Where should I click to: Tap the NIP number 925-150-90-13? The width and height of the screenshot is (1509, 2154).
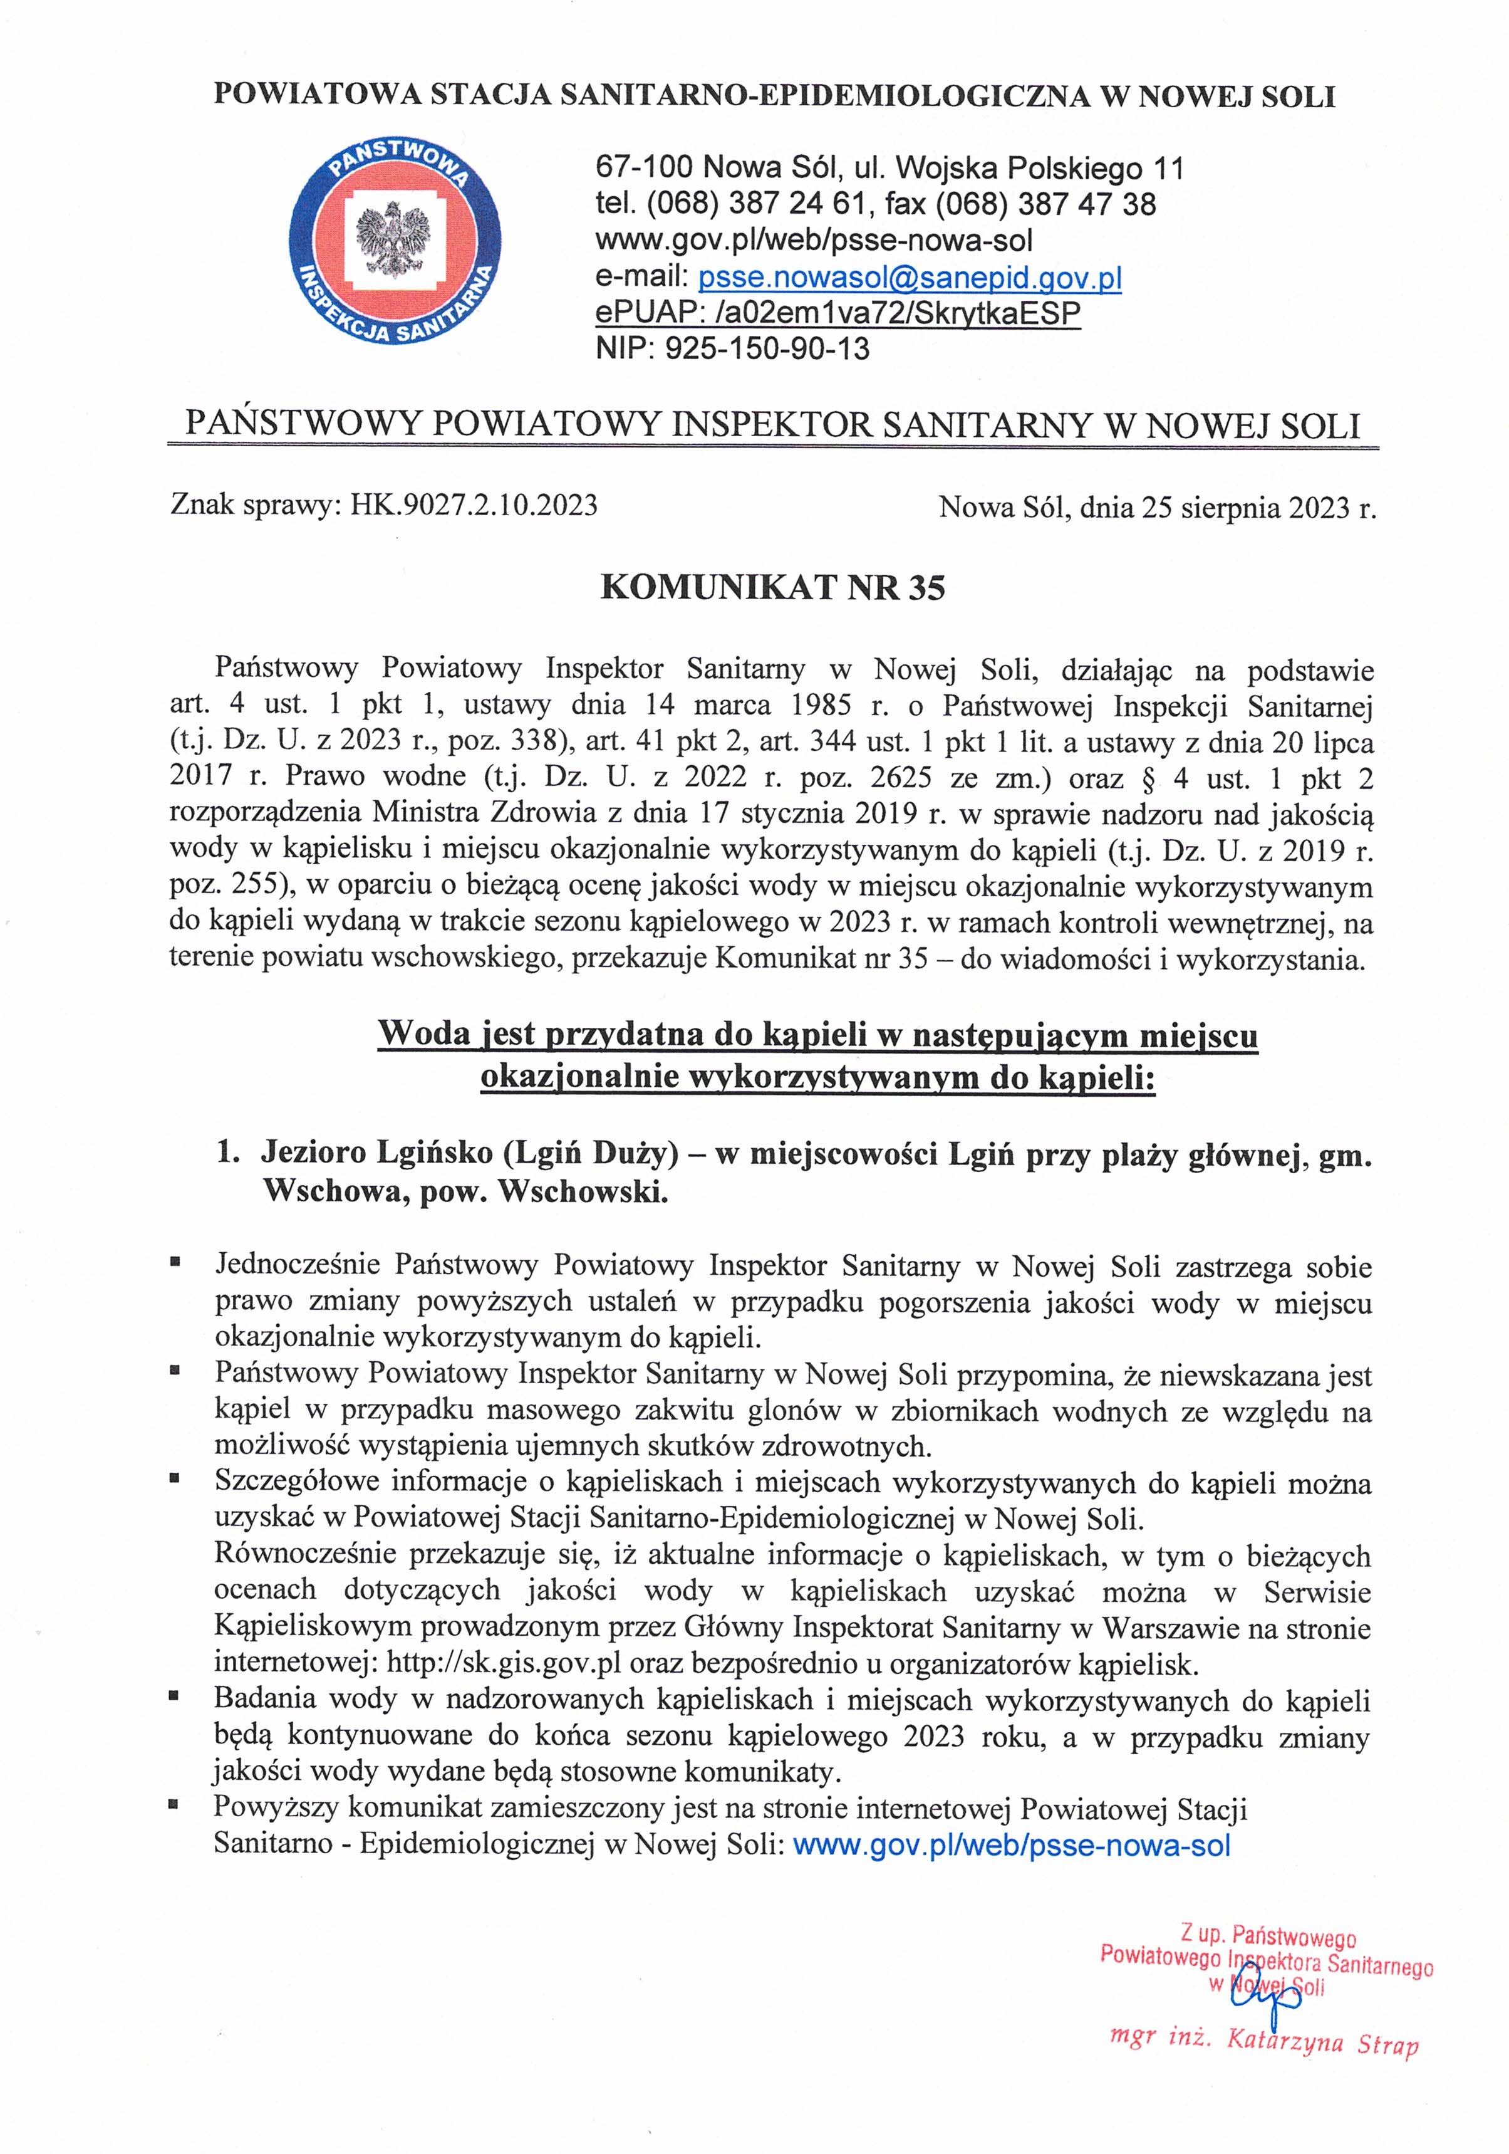click(767, 349)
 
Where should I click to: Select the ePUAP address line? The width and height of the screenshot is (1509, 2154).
click(837, 313)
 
